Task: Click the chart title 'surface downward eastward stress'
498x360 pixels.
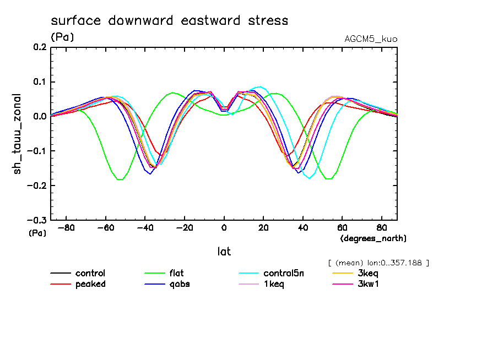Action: (x=169, y=21)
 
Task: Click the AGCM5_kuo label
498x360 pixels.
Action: (x=370, y=39)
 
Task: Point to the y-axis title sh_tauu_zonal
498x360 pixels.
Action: (x=18, y=134)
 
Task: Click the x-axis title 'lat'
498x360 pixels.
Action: (x=224, y=252)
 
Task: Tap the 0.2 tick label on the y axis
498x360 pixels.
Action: (x=39, y=47)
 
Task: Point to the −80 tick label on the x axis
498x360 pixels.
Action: (x=66, y=228)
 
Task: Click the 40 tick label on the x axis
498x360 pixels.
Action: (x=303, y=228)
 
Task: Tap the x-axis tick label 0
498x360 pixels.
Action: (x=224, y=228)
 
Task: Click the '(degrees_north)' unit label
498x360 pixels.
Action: (x=373, y=238)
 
